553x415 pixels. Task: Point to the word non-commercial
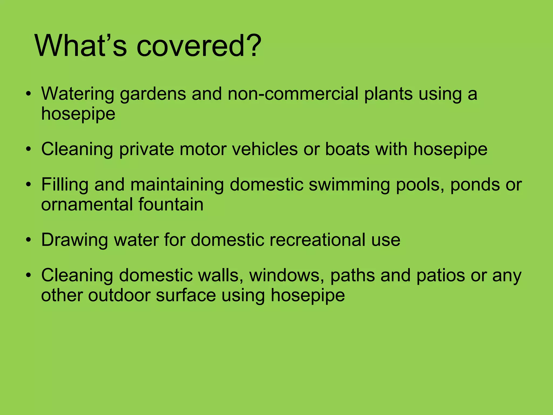(x=293, y=94)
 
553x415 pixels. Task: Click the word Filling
(x=65, y=185)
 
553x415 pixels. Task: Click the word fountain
(x=171, y=204)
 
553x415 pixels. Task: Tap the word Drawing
(x=74, y=240)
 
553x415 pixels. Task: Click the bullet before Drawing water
(x=29, y=240)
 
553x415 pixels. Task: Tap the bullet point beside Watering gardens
(x=29, y=94)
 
